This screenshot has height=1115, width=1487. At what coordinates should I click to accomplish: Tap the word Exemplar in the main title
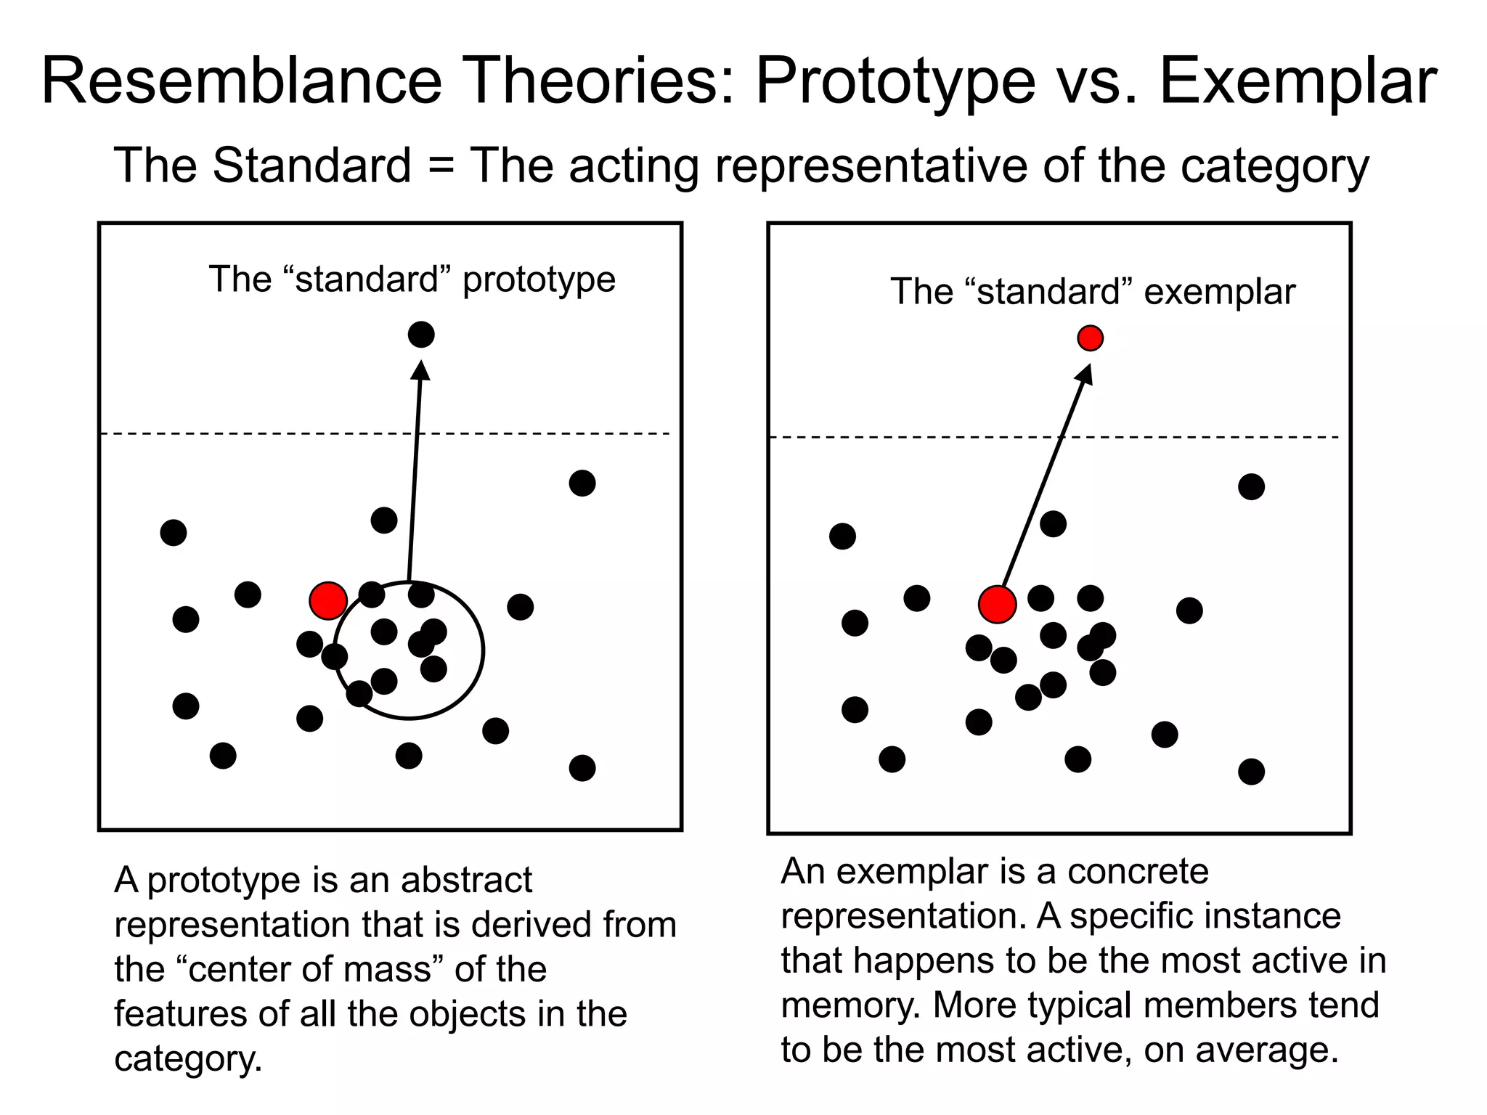[1298, 81]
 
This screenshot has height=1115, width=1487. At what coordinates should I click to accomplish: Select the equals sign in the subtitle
[441, 166]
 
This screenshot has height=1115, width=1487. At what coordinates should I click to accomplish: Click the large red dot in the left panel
[328, 600]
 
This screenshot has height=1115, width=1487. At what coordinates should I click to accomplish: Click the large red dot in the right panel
[997, 604]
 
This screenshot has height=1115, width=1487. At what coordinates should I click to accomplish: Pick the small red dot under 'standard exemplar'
[1090, 338]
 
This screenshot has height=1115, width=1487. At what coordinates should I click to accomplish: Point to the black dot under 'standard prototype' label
[421, 335]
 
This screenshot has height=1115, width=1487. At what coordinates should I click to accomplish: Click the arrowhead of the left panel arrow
[421, 369]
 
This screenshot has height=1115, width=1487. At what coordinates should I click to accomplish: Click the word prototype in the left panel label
[539, 280]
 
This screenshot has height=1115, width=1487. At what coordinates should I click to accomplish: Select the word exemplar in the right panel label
[1220, 293]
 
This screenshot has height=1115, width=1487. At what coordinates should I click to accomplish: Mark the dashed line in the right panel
[908, 437]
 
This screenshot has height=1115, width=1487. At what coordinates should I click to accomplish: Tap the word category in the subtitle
[1274, 166]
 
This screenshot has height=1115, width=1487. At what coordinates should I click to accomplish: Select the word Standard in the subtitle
[312, 166]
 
